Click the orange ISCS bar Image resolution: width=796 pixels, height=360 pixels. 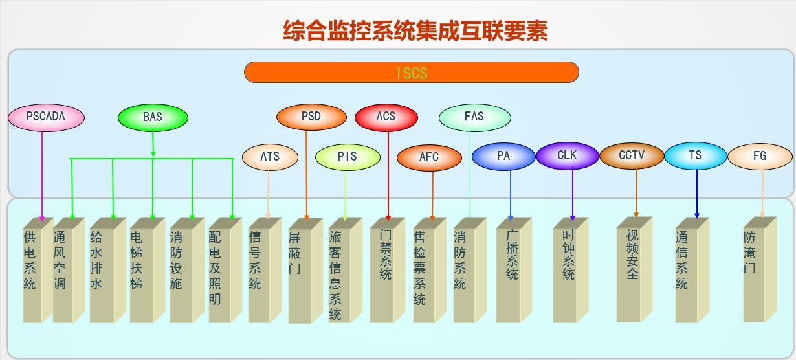tap(412, 72)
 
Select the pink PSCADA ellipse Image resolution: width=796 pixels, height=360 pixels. tap(46, 118)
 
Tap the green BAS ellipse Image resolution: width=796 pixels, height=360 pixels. tap(153, 118)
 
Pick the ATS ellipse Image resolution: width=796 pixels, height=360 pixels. tap(270, 157)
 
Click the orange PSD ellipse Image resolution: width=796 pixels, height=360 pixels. tap(311, 117)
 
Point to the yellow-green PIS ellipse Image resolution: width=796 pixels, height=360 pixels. tap(348, 157)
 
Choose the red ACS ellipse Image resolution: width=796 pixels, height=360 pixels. tap(386, 117)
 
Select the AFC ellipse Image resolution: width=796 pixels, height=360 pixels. tap(429, 158)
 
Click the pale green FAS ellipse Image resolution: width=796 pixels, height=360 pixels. tap(475, 118)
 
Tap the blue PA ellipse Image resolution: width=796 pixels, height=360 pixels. tap(503, 157)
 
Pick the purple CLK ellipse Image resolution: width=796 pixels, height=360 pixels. tap(567, 155)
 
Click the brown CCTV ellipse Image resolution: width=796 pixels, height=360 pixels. tap(632, 155)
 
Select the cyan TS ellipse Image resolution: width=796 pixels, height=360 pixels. tap(696, 155)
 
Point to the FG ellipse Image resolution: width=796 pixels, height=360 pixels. tap(760, 157)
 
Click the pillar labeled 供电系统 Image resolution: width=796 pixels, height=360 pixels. tap(38, 270)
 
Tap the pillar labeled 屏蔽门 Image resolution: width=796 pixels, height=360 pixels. tap(305, 271)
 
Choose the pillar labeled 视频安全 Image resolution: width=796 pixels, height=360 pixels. tap(634, 269)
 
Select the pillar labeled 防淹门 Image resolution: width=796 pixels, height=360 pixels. tap(760, 269)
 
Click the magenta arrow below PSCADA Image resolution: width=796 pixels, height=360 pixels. tap(42, 177)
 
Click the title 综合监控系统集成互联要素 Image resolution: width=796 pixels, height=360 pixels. tap(415, 30)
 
